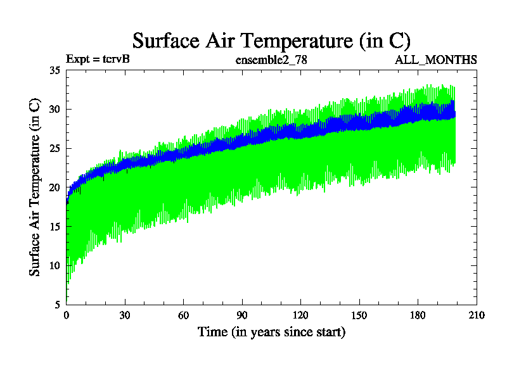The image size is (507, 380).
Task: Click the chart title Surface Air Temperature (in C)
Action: pos(271,41)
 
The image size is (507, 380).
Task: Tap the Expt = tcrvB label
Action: pos(98,60)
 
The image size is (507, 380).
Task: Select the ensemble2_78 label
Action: pos(271,60)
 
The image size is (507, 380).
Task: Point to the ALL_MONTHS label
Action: pos(436,60)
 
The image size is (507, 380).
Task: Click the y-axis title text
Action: pos(35,187)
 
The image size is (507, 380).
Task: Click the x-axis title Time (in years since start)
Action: pos(271,332)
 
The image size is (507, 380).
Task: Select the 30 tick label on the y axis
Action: pos(55,110)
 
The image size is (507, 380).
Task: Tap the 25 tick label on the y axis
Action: pos(55,148)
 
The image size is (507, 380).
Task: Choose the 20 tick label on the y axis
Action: pos(55,187)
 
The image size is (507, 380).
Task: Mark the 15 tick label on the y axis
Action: pos(55,226)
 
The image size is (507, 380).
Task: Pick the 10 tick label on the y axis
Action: pos(55,265)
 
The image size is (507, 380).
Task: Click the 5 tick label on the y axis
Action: pos(57,304)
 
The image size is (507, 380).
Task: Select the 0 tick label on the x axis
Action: pos(67,315)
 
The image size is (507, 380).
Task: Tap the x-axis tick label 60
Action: pos(184,315)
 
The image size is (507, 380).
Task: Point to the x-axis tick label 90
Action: pos(242,315)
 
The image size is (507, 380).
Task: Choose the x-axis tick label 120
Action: pos(300,315)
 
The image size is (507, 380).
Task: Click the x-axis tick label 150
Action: pos(359,315)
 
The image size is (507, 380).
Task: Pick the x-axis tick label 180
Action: pos(418,315)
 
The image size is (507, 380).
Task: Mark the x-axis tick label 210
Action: pos(476,315)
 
